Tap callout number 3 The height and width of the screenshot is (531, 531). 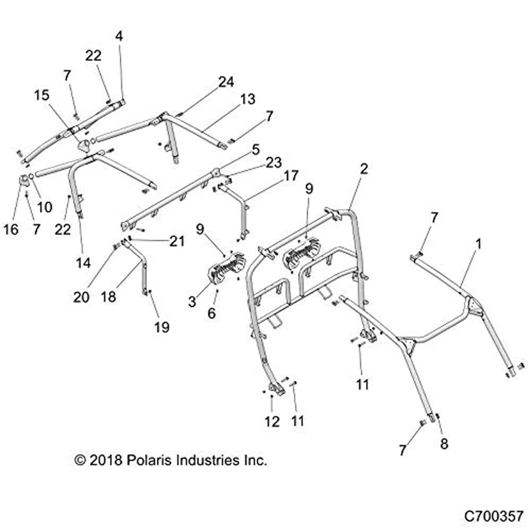(192, 302)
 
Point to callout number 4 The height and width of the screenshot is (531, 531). (118, 37)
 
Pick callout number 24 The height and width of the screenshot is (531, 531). (226, 82)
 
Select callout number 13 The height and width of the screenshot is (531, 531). (247, 99)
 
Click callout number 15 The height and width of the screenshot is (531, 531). (41, 96)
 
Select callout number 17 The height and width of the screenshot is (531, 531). (291, 175)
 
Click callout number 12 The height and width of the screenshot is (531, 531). (272, 421)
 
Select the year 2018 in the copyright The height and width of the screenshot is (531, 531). (106, 460)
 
